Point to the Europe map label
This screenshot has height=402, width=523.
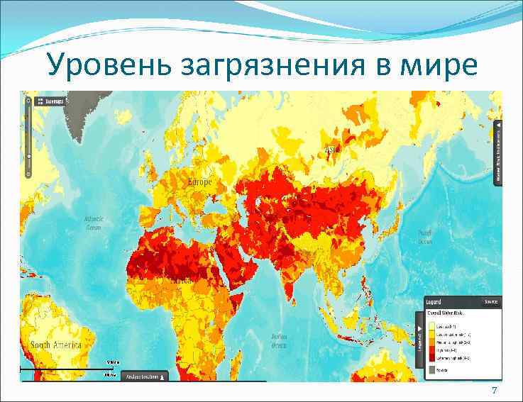pos(199,182)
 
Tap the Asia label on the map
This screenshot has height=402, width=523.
pos(331,150)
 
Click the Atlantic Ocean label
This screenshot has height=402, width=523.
pos(94,223)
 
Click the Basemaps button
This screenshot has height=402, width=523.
pos(50,101)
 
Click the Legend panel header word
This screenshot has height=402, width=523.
pos(436,301)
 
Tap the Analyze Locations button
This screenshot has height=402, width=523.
pos(145,376)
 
